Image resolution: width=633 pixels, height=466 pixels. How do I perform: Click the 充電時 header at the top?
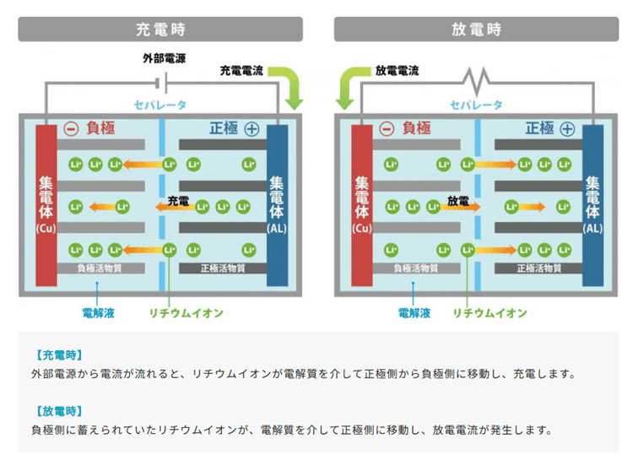click(160, 29)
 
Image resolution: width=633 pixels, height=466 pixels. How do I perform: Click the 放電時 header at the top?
click(476, 29)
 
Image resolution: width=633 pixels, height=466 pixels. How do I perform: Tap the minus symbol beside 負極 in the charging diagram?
click(71, 129)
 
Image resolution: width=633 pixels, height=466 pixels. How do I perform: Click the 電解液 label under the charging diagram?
click(98, 313)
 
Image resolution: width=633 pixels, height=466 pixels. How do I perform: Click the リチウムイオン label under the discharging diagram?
click(490, 313)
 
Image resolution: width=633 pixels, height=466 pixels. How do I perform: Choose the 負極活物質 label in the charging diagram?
click(99, 268)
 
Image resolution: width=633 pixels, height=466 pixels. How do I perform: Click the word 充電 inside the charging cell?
click(177, 201)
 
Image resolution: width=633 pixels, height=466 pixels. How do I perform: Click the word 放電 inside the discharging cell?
click(457, 201)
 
